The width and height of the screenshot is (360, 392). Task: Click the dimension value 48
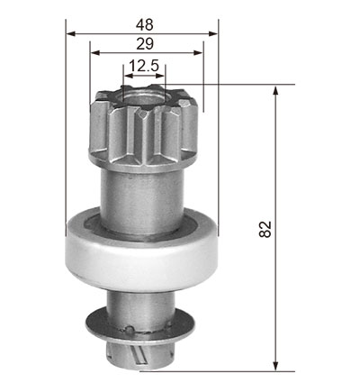(x=145, y=24)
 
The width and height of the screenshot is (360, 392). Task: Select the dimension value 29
(x=145, y=44)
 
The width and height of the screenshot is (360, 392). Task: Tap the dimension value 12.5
(x=143, y=66)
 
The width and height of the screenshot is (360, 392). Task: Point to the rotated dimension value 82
(x=265, y=229)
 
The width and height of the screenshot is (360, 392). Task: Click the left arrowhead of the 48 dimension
(x=70, y=33)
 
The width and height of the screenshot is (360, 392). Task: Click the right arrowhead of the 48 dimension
(x=213, y=33)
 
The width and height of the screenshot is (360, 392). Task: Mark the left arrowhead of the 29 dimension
(x=94, y=53)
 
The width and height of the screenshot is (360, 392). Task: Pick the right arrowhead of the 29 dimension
(x=199, y=53)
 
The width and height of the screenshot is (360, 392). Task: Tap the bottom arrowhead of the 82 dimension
(x=275, y=366)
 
